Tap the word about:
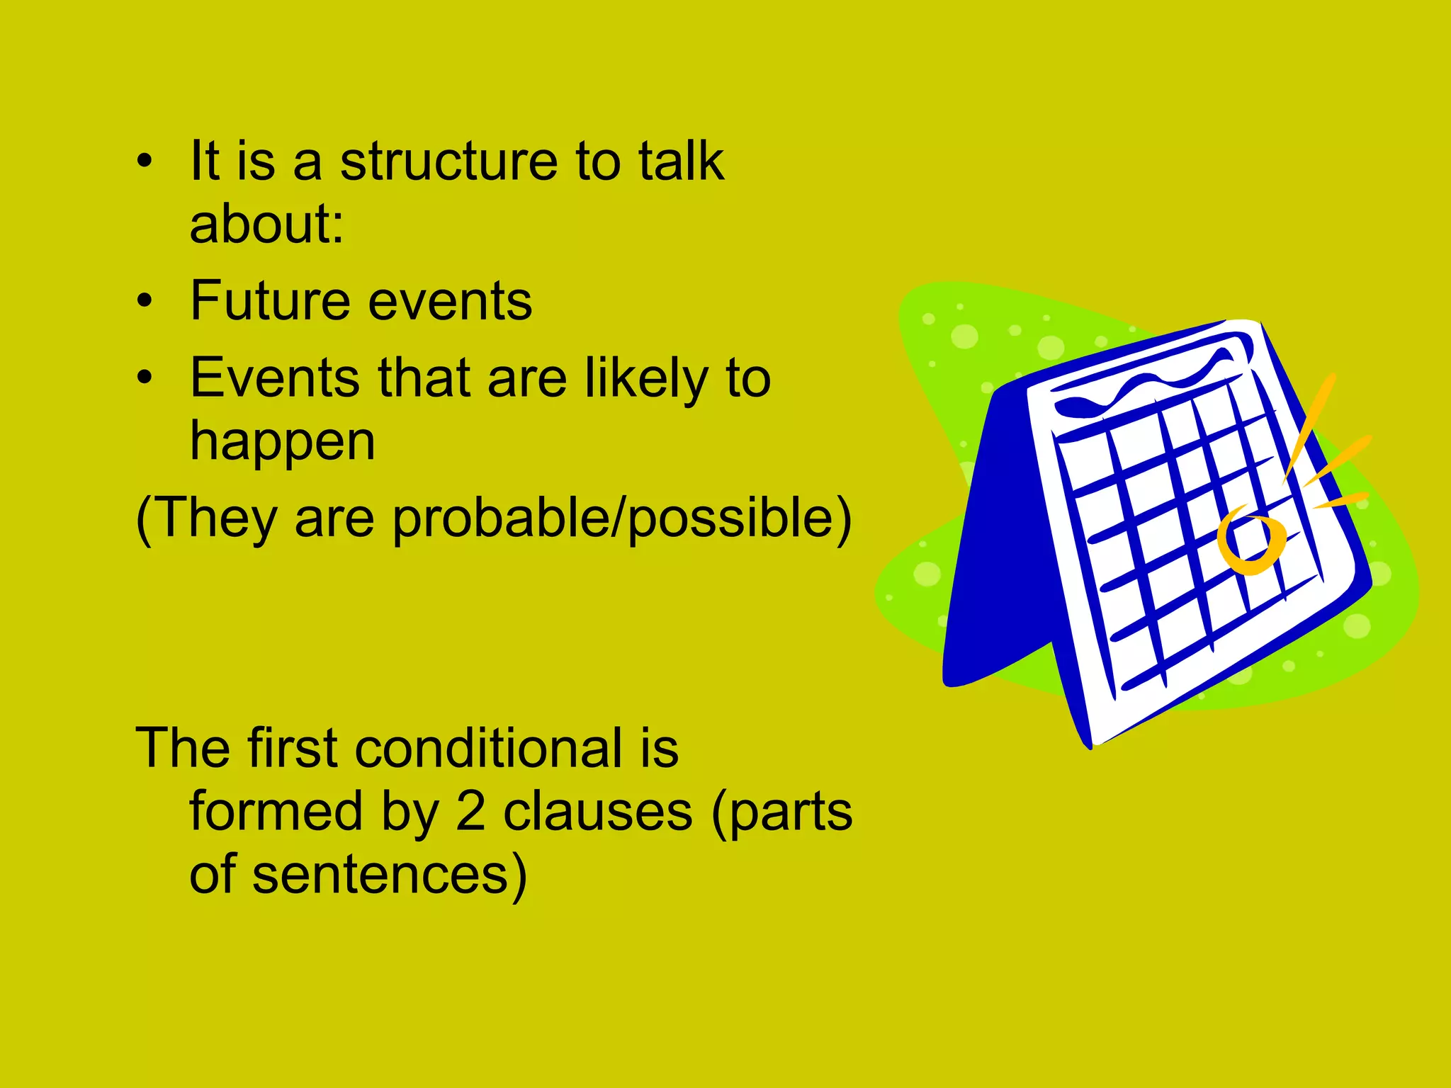266,224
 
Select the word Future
270,301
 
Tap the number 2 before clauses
470,812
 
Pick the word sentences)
390,875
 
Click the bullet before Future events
145,301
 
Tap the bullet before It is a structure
145,161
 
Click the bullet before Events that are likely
145,378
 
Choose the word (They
205,518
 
